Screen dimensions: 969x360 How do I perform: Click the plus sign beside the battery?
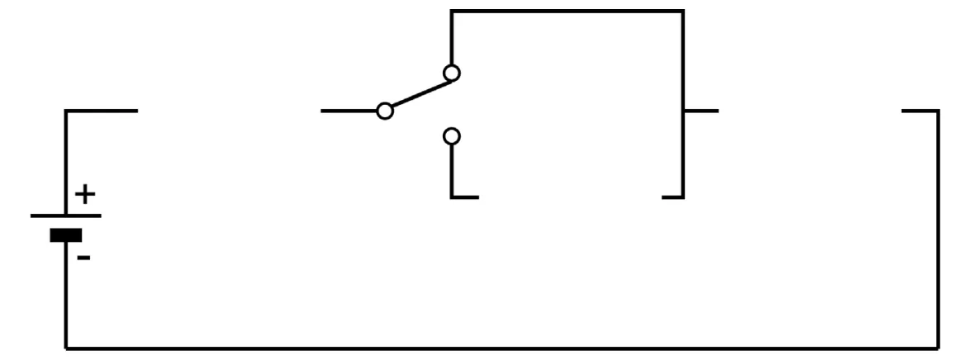[x=85, y=195]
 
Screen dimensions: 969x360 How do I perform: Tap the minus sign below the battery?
[x=84, y=258]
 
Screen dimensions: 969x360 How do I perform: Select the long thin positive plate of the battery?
[x=66, y=216]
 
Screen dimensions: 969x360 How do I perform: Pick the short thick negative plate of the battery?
[x=66, y=234]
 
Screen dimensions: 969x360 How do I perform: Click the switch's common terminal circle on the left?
[x=385, y=111]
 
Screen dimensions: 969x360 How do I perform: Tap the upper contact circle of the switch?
[x=452, y=73]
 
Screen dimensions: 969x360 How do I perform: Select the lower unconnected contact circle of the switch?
[x=452, y=136]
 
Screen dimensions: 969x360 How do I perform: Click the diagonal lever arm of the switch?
[x=421, y=94]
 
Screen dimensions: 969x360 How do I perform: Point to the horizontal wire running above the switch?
[x=568, y=11]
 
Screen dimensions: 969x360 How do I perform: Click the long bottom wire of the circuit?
[x=502, y=349]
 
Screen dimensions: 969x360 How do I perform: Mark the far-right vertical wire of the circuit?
[x=938, y=230]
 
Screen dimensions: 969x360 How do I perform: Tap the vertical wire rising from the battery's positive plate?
[x=66, y=163]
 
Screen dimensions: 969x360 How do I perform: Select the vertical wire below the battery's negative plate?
[x=66, y=295]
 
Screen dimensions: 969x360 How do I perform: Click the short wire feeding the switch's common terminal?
[x=349, y=111]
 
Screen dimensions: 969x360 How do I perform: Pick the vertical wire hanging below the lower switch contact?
[x=452, y=170]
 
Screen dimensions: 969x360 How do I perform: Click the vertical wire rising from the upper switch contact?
[x=452, y=38]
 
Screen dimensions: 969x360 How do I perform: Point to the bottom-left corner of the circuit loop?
[x=66, y=349]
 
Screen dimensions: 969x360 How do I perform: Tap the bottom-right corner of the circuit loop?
[x=938, y=349]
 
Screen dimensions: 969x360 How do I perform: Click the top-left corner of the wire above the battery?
[x=66, y=111]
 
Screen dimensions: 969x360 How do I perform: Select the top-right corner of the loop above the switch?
[x=683, y=11]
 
